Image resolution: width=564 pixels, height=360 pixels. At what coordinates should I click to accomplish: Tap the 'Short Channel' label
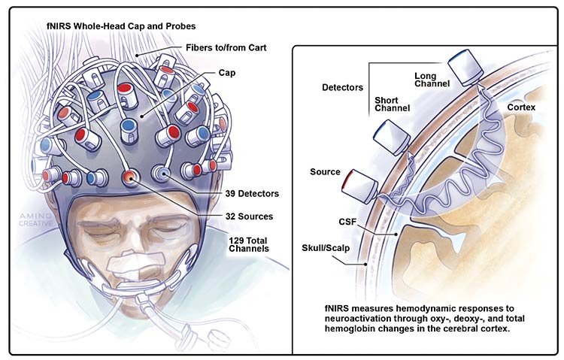pos(392,104)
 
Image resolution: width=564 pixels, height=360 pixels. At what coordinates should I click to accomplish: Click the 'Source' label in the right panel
pos(326,172)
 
